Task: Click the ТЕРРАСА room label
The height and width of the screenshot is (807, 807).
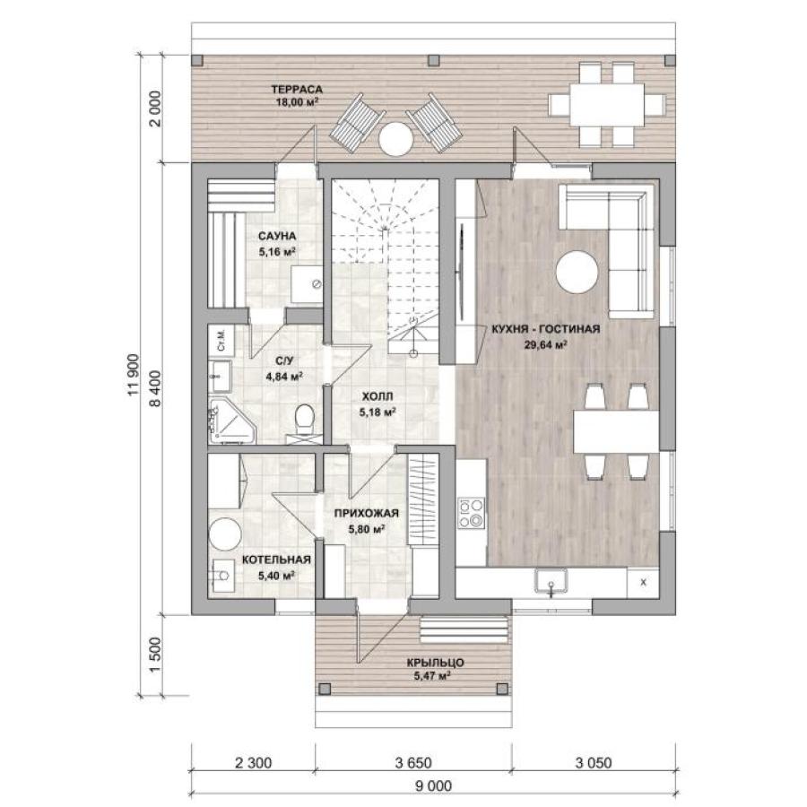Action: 297,90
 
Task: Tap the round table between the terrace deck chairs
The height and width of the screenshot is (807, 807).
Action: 395,138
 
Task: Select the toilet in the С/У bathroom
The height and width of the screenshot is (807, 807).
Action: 305,416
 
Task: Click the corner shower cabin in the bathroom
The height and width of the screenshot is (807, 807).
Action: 230,423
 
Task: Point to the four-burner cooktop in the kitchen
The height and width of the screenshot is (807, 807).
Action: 472,513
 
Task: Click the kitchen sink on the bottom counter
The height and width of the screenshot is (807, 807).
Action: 551,582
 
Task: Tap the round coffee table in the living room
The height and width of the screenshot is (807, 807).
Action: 577,272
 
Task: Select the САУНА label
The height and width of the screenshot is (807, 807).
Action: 277,236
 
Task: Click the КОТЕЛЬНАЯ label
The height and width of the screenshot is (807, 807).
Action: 276,560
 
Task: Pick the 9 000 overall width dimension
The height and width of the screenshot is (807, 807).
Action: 433,785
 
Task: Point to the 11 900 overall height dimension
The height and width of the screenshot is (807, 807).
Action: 134,375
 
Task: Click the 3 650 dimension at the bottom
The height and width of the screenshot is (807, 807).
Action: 413,762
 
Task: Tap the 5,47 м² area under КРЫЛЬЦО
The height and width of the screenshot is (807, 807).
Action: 432,676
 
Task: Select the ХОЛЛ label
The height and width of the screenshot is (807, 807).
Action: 377,396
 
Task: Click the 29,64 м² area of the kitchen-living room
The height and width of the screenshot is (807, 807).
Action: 545,345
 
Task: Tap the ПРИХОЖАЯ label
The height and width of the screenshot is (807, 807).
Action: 367,513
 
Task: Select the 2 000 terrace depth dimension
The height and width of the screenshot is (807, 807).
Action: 155,108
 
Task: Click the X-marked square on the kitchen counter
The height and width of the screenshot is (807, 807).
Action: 643,583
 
